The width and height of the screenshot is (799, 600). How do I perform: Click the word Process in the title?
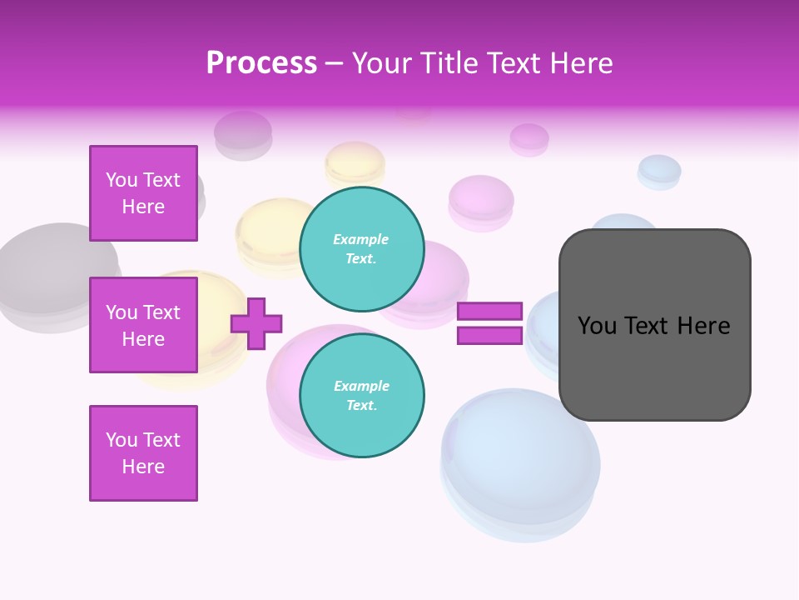tap(261, 62)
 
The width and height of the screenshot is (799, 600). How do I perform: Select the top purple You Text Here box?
tap(143, 193)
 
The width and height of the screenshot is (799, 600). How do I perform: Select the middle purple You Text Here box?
tap(143, 325)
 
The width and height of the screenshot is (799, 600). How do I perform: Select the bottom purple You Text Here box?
tap(143, 453)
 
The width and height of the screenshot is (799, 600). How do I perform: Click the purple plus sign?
tap(256, 323)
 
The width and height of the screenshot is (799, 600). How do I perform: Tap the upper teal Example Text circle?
tap(361, 249)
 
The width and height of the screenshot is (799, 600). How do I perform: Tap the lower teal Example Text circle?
tap(361, 396)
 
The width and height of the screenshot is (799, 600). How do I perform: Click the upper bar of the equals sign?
tap(489, 312)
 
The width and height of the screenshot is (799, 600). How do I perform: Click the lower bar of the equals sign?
tap(489, 336)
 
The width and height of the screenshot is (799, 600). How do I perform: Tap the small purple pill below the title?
tap(529, 139)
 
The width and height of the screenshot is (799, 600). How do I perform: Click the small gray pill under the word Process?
tap(243, 134)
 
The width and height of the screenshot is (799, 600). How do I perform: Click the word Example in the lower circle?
tap(361, 386)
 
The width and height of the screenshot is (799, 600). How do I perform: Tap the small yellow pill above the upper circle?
tap(355, 163)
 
